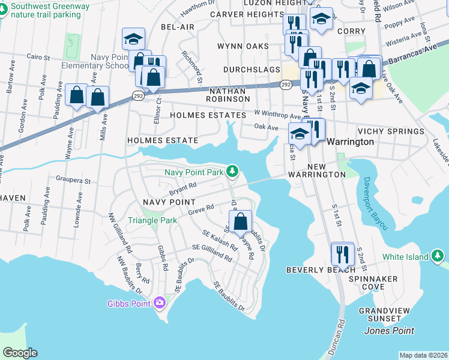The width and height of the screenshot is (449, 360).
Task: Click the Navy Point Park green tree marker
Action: click(x=233, y=172)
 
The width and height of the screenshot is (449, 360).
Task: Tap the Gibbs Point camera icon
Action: click(x=159, y=302)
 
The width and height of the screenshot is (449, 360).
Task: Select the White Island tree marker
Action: click(x=438, y=257)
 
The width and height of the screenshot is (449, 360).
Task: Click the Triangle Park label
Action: click(x=152, y=220)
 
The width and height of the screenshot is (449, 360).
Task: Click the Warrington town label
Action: click(x=351, y=142)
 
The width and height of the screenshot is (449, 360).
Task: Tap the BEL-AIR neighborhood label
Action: click(x=178, y=28)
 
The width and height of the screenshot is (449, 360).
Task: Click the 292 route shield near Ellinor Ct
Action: click(x=137, y=97)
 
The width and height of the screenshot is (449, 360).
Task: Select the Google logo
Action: click(x=20, y=352)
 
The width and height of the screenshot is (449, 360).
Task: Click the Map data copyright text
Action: click(x=423, y=355)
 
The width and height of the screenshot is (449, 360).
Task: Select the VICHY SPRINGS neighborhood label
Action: click(x=390, y=131)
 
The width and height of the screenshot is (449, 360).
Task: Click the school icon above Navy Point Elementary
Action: click(x=133, y=40)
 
